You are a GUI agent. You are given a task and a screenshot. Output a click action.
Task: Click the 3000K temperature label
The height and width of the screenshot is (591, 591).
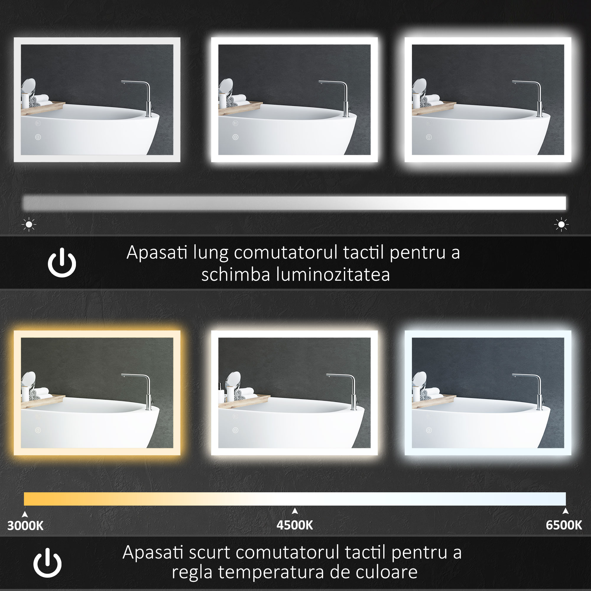click(25, 525)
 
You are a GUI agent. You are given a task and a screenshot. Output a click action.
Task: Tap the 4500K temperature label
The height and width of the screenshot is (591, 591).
click(295, 525)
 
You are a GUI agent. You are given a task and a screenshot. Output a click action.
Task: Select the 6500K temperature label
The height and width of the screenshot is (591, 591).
click(564, 525)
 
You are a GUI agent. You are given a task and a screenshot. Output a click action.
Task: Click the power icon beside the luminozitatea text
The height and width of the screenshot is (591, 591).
click(62, 262)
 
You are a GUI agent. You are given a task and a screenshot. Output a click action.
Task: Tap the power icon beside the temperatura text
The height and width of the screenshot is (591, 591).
click(47, 563)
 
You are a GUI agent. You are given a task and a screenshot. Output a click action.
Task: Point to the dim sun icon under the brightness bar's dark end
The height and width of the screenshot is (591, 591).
click(29, 225)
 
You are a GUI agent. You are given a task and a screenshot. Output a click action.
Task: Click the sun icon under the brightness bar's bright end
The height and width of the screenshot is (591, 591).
click(561, 225)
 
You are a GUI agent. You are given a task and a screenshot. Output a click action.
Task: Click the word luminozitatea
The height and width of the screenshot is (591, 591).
click(333, 275)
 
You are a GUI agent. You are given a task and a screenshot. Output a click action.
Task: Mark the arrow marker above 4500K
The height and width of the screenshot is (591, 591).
click(295, 511)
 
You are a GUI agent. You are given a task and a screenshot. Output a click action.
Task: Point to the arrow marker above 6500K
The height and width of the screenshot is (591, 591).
click(566, 511)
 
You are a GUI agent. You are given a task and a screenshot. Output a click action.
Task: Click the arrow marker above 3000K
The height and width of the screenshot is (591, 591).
click(25, 514)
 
